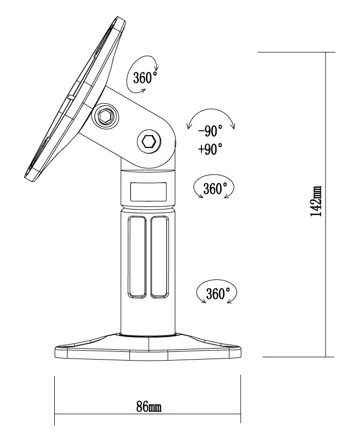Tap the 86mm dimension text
(x=149, y=407)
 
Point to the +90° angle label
(x=210, y=150)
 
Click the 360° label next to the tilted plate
(x=145, y=78)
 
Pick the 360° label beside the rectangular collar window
(x=213, y=189)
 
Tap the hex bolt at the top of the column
(x=149, y=141)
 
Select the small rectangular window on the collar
(x=149, y=191)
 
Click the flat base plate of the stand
(x=149, y=350)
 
